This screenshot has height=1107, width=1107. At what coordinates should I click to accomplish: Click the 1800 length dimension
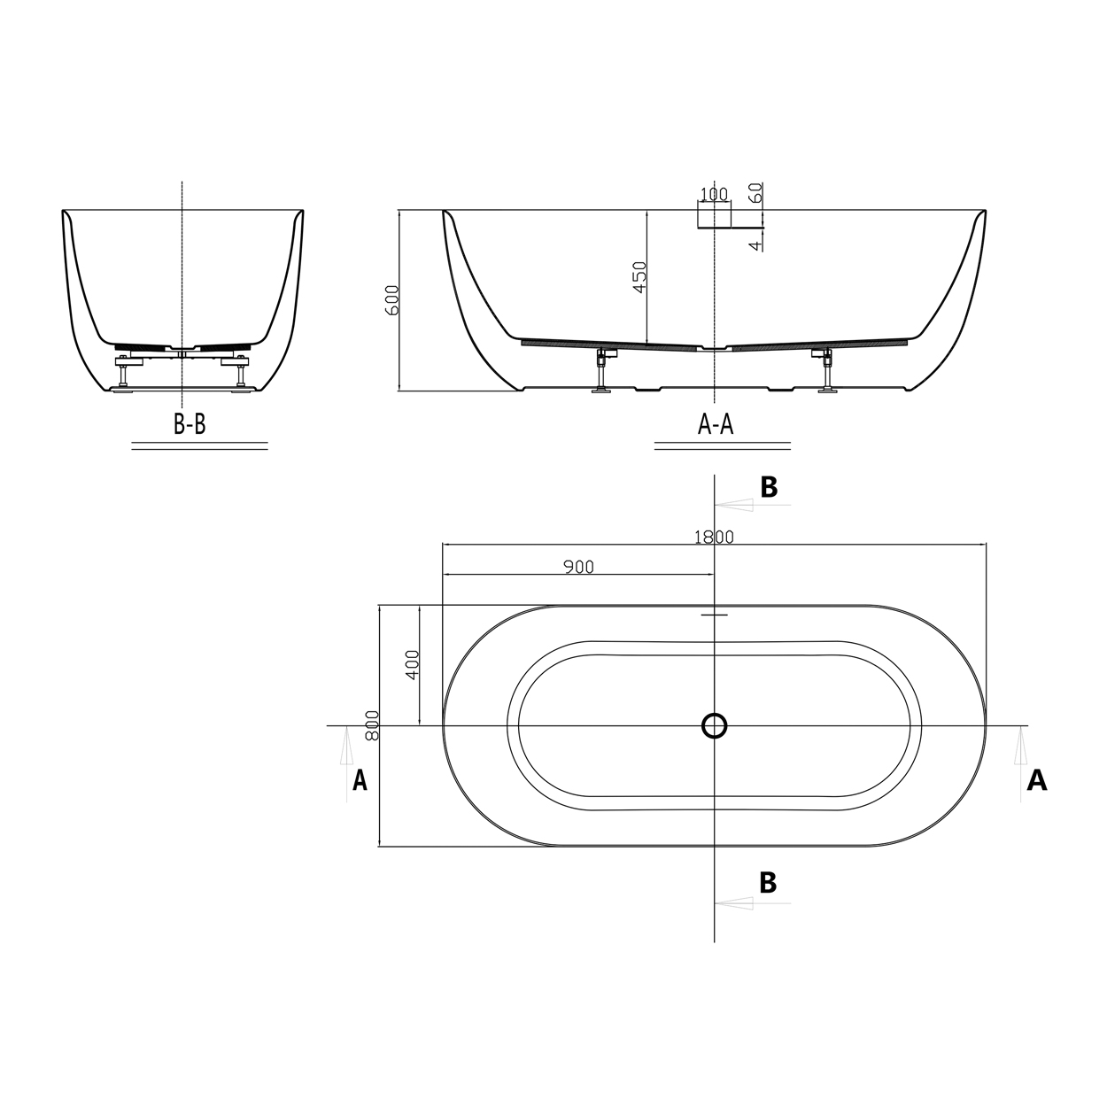tap(714, 537)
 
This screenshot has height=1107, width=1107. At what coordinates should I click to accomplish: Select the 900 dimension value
tap(578, 567)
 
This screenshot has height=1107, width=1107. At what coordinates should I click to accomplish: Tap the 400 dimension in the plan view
tap(413, 665)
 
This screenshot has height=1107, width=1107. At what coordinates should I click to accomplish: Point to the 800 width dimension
tap(372, 725)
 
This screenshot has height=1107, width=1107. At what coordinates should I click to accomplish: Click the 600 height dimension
tap(392, 300)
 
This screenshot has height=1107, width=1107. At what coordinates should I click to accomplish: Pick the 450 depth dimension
tap(639, 277)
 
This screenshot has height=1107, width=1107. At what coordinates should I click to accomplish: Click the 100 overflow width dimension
tap(714, 194)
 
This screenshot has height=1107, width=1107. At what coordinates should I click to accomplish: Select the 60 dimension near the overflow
tap(756, 192)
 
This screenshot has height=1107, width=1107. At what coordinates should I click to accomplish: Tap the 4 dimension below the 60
tap(756, 245)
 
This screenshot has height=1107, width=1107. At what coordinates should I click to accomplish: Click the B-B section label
tap(190, 424)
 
